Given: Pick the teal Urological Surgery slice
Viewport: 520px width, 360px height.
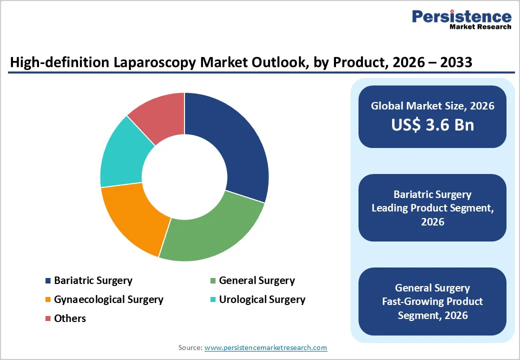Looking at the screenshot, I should [x=122, y=155].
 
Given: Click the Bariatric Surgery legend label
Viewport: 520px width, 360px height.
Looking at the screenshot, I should [x=93, y=280].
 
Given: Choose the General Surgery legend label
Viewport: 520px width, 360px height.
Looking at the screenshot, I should [x=256, y=280].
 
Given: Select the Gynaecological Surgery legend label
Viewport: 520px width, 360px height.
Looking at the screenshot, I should [x=108, y=299].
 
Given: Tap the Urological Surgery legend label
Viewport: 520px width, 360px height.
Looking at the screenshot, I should [x=261, y=299].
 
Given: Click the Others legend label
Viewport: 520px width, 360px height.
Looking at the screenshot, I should [x=70, y=318].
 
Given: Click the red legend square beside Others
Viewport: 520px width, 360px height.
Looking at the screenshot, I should [x=48, y=318].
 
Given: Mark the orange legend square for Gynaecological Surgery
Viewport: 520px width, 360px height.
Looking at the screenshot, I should [x=48, y=300].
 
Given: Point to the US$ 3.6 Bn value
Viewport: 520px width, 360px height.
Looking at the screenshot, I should [x=432, y=124].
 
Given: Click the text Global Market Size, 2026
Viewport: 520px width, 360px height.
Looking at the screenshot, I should [x=432, y=105].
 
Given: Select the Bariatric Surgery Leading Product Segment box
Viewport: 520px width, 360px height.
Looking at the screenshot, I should [x=432, y=207].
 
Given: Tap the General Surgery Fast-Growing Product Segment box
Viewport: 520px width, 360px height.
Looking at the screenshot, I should [x=432, y=301].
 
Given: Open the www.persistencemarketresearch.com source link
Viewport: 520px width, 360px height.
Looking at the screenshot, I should [x=265, y=347].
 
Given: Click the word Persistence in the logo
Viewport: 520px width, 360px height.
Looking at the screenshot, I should [x=461, y=16].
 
